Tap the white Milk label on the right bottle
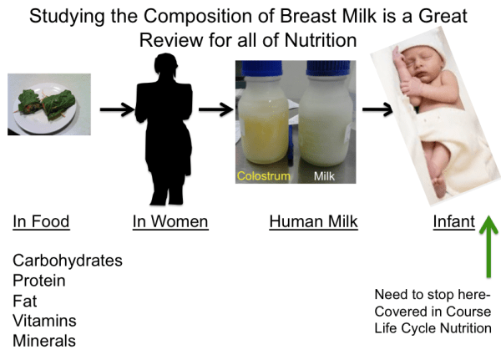point(323,177)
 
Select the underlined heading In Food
point(41,221)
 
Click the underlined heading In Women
point(170,221)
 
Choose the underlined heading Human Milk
point(313,221)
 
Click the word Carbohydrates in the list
point(67,261)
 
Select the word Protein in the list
point(39,281)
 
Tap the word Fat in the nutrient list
point(25,301)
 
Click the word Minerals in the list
point(43,341)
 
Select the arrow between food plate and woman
point(117,109)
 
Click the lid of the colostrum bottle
point(266,74)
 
